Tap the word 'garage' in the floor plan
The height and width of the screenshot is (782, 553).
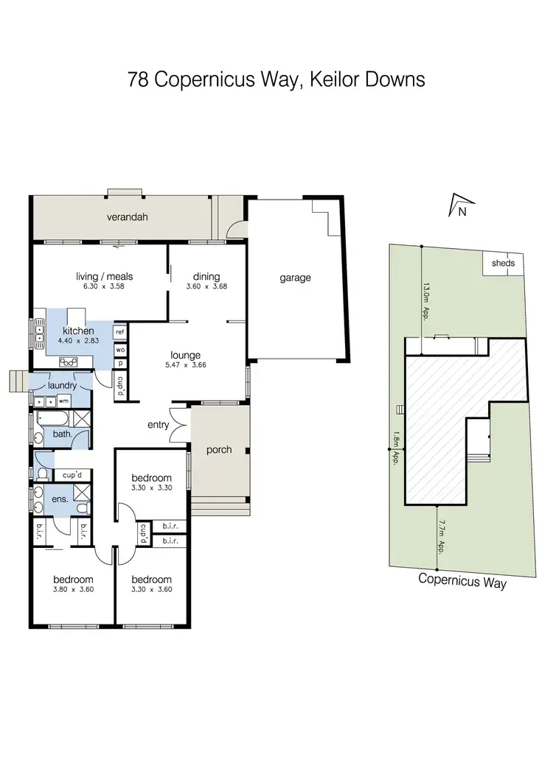[295, 278]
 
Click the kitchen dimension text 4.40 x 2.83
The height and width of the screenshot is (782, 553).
[78, 342]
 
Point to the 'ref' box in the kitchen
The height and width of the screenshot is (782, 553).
[120, 333]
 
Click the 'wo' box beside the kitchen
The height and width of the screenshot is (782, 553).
[120, 349]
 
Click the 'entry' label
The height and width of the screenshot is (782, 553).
[159, 425]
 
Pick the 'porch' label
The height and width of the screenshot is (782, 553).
[219, 450]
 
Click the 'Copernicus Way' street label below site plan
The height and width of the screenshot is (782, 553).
[462, 579]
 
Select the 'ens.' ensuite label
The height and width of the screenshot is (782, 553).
[60, 499]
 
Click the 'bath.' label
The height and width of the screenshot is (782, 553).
[62, 434]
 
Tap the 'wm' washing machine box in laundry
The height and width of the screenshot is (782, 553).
[63, 401]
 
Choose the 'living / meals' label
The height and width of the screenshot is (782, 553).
[104, 277]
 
